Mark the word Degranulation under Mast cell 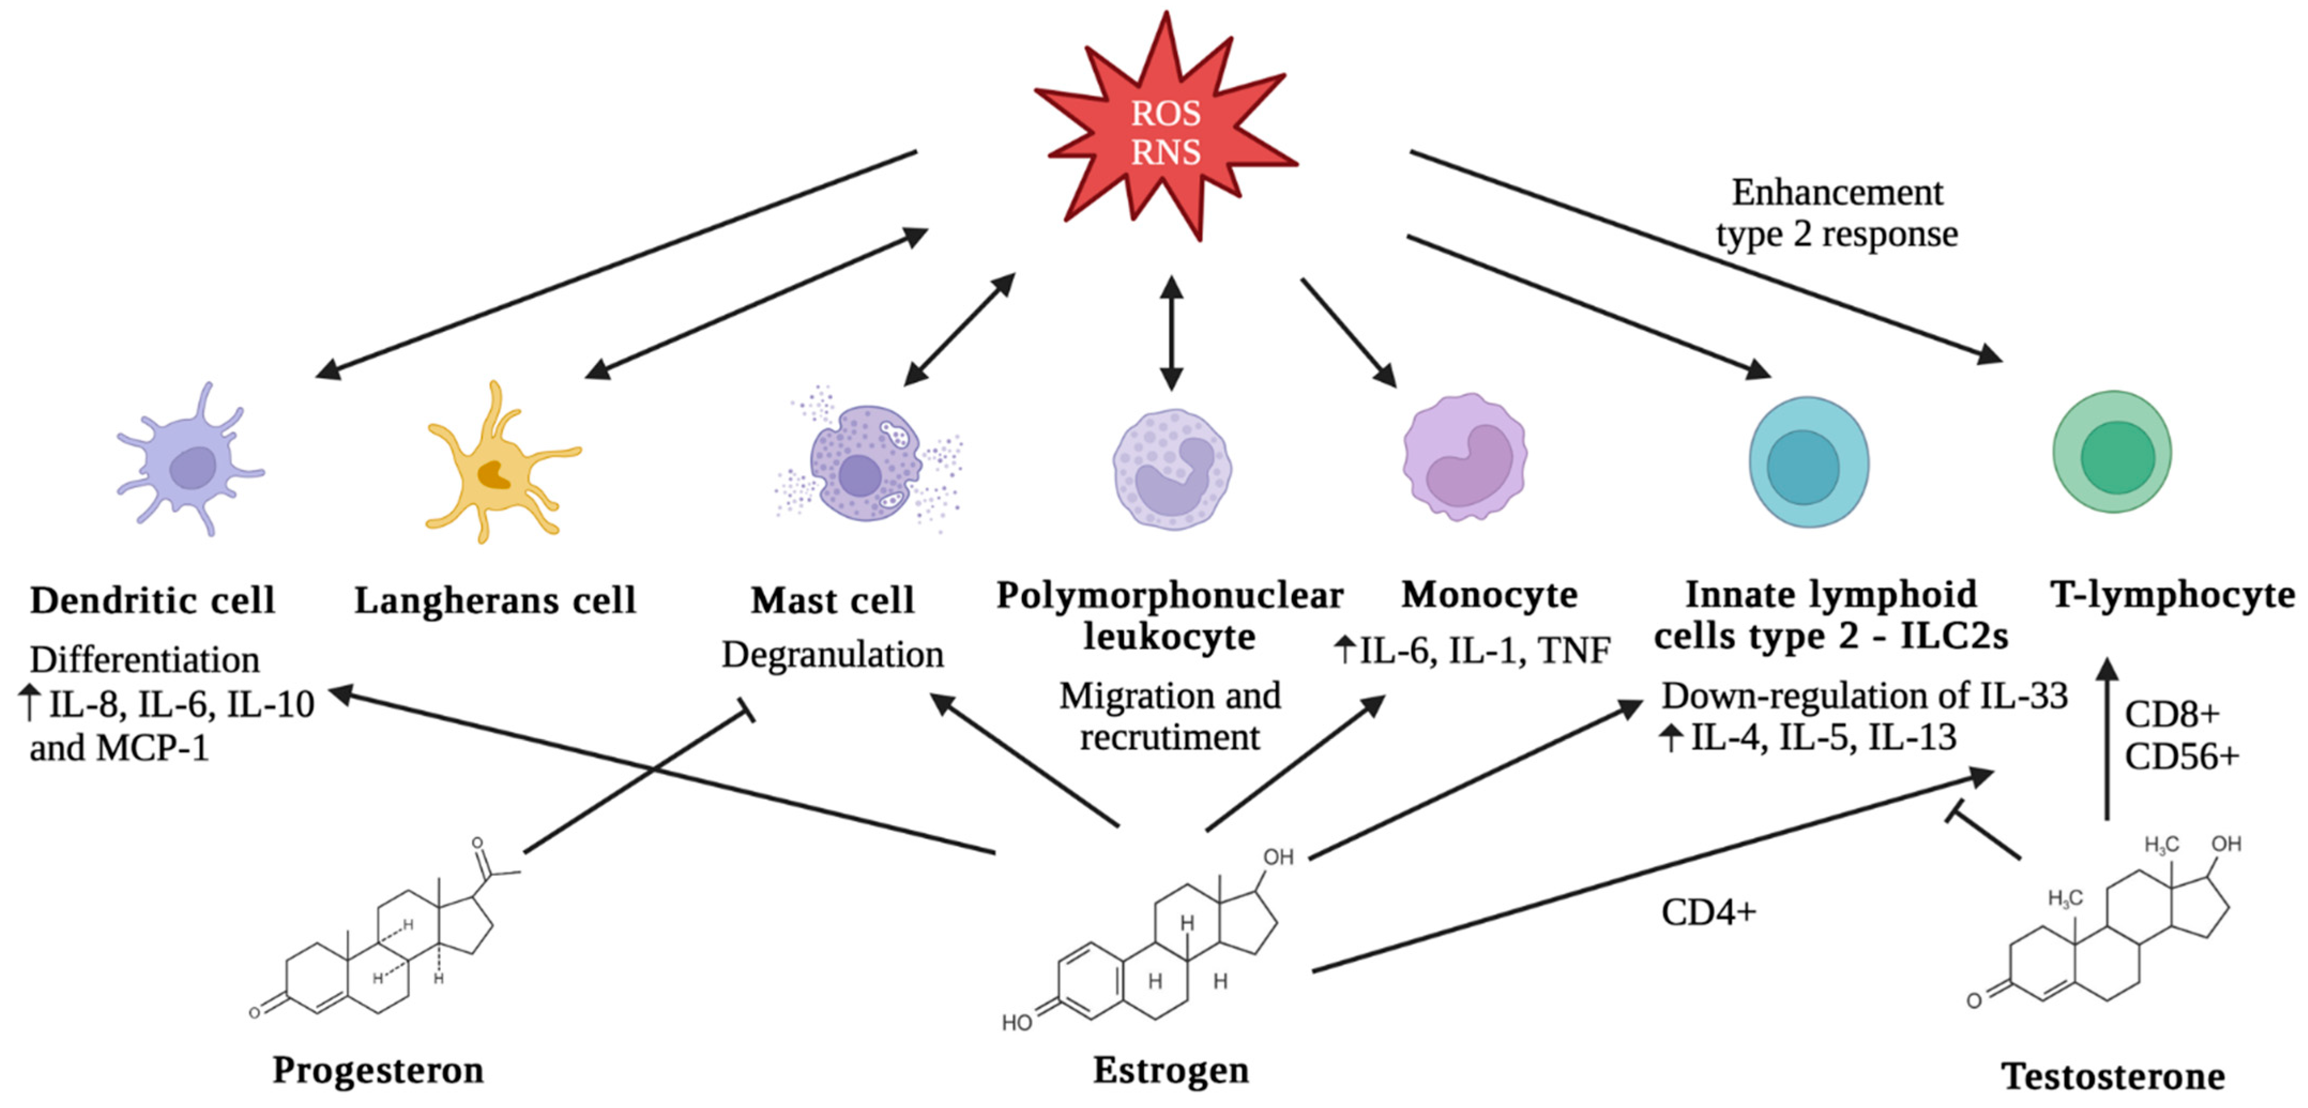tap(832, 655)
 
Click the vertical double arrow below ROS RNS tap(1171, 333)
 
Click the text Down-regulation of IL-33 tap(1864, 696)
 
